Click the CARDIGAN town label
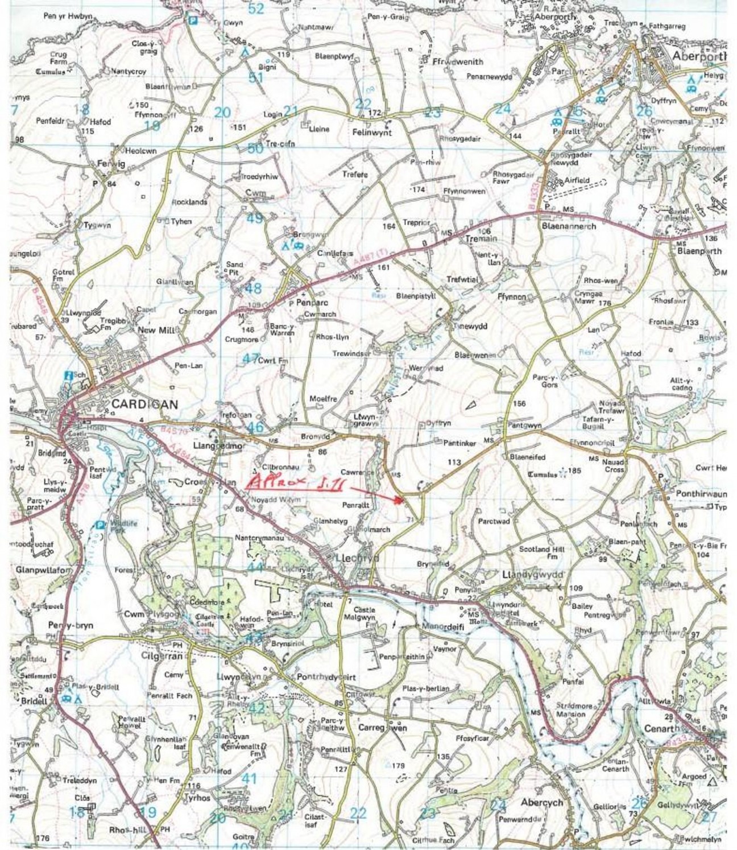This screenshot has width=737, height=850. [x=145, y=404]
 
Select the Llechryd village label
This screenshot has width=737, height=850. [x=358, y=558]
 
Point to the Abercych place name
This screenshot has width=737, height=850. [x=542, y=803]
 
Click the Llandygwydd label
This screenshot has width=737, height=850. [x=533, y=576]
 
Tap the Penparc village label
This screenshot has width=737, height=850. [x=306, y=303]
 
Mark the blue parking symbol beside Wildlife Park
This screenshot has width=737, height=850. [x=100, y=525]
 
